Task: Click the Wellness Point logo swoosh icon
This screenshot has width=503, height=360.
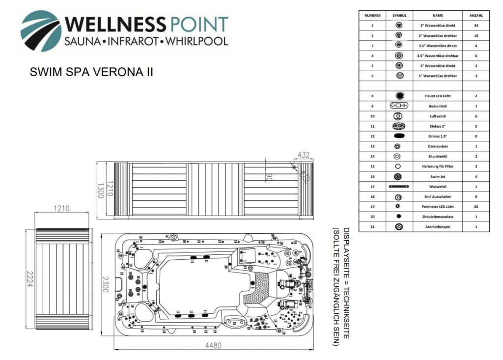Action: tap(40, 30)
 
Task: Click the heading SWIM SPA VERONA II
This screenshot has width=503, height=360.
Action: tap(91, 72)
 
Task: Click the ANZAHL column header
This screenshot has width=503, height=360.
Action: tap(476, 15)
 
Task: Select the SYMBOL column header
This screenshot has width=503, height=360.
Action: tap(399, 15)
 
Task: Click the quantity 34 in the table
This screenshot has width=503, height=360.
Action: tap(476, 25)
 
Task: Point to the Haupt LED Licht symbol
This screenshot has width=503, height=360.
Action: tap(399, 96)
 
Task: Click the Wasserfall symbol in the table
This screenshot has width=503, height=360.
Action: tap(399, 187)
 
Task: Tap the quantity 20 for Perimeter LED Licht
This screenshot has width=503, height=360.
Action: tap(476, 207)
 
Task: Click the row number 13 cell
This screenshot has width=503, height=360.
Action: tap(372, 146)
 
